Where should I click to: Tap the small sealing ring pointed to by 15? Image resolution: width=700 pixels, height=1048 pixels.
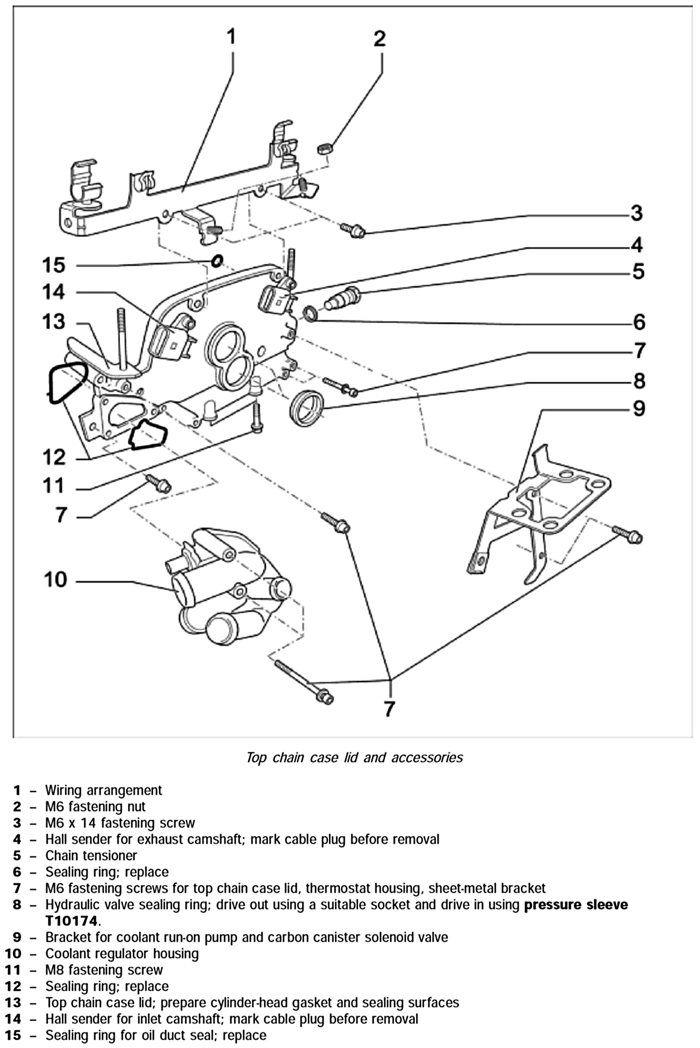(217, 261)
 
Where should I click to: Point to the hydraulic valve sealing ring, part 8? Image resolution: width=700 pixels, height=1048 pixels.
(307, 408)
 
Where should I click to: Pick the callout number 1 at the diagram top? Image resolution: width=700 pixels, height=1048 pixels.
(231, 37)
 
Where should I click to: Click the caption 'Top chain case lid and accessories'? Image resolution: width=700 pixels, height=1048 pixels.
(355, 758)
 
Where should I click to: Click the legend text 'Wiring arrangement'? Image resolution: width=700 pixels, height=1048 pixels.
(104, 790)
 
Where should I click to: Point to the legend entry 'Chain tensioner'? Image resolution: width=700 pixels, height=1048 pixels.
(91, 856)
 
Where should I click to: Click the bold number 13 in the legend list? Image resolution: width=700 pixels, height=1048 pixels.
(13, 1003)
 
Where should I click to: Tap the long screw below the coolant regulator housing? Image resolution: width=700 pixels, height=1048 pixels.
(303, 682)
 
